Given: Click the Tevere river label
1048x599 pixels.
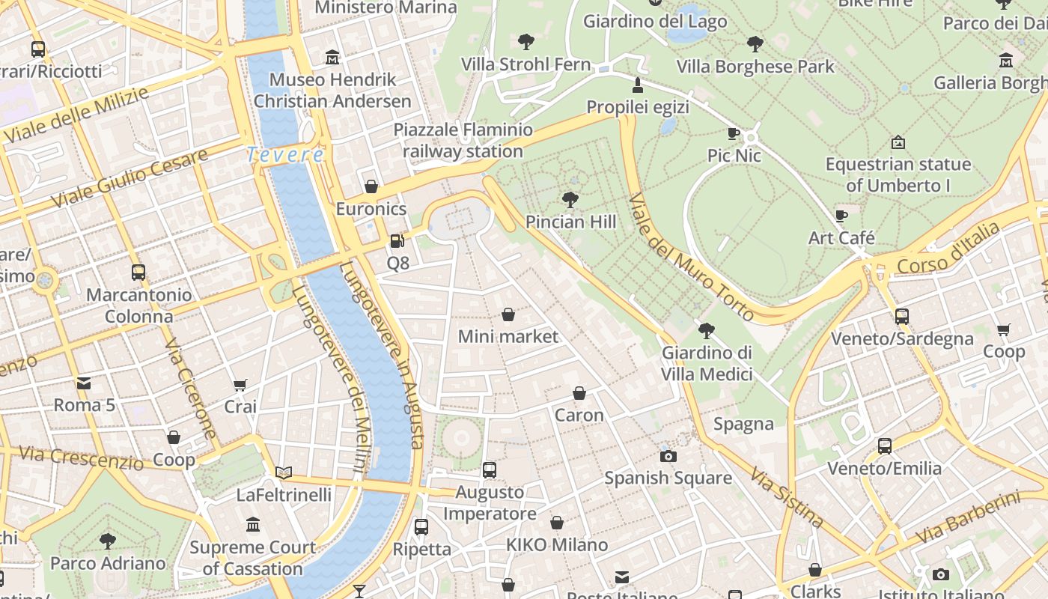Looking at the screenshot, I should point(285,155).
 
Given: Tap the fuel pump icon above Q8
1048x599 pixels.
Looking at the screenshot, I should point(397,241).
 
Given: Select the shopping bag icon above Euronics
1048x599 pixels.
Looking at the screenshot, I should point(371,186).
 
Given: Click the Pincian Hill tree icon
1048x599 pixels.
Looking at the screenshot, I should point(570,200).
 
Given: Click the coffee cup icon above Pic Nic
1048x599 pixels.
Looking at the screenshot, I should point(734,134).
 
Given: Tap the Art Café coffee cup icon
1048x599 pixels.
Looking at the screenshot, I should point(841,216).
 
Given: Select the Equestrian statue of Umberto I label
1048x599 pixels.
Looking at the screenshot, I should point(898,174).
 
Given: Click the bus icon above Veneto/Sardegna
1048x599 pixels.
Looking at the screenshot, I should point(902,317).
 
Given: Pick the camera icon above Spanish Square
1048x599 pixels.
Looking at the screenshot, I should point(668,456).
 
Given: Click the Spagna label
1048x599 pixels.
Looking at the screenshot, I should point(743,425).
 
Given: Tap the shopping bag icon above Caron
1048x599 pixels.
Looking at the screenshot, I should point(579,393).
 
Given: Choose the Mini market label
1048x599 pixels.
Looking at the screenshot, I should point(508,337).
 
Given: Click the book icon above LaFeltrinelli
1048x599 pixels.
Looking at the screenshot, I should point(283,472).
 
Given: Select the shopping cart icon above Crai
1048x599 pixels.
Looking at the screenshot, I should point(240,386).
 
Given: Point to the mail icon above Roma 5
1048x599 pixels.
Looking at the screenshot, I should point(84,383).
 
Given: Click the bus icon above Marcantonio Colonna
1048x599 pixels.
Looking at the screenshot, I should point(138,273).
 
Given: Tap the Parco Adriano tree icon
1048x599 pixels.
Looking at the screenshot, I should point(108,541).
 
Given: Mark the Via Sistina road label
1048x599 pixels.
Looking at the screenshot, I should point(787,498).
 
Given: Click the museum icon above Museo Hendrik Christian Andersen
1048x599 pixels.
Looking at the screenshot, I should point(332,58).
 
